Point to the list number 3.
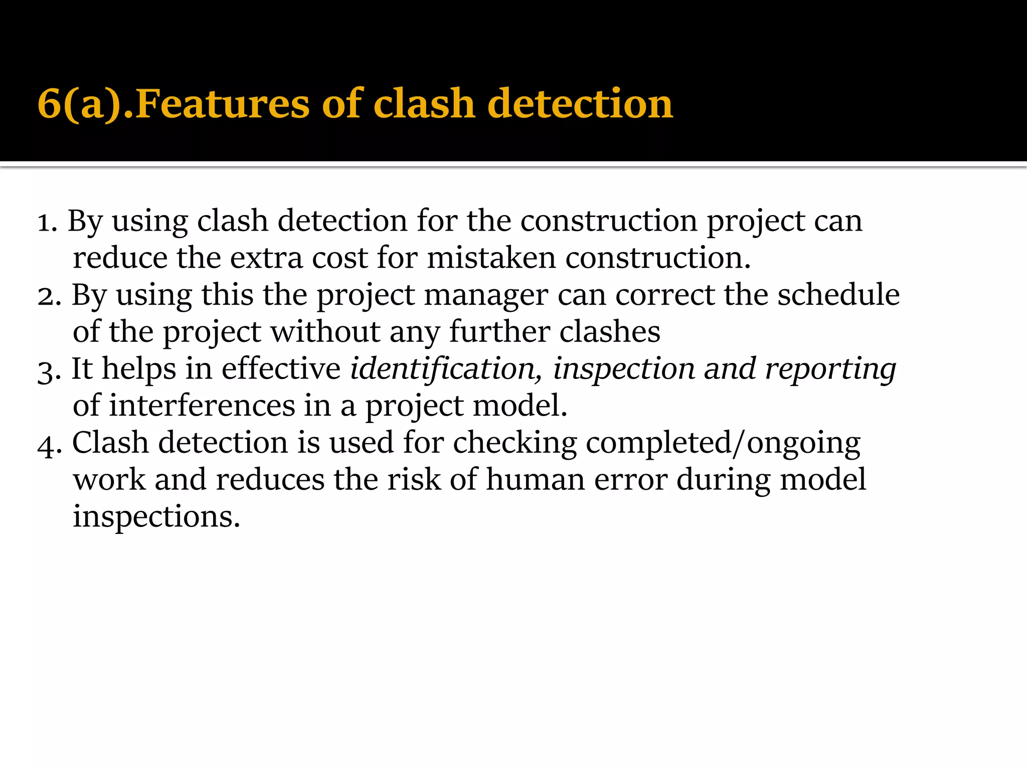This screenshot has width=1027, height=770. [48, 370]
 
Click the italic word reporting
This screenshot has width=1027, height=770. [830, 370]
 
